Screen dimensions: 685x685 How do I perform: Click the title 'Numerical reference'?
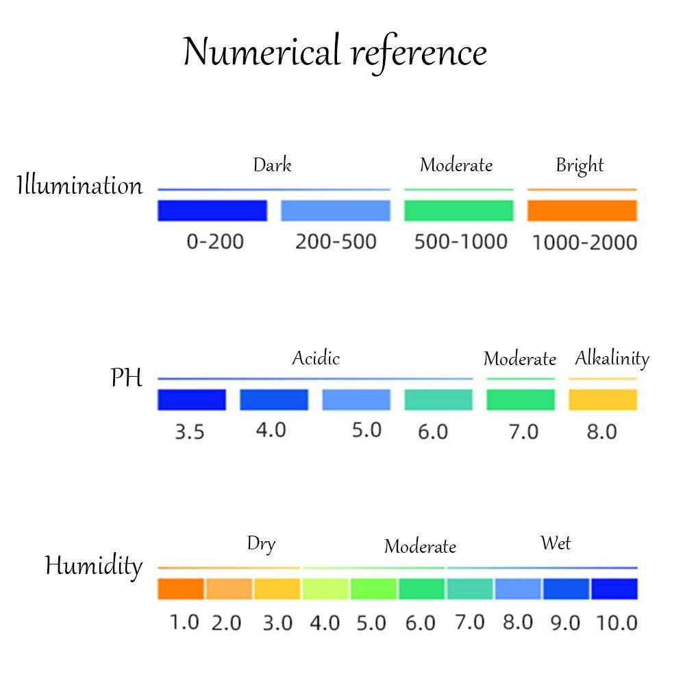click(x=335, y=53)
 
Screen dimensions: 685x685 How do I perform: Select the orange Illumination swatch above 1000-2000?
click(x=582, y=210)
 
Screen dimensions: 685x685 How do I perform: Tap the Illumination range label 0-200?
click(x=215, y=242)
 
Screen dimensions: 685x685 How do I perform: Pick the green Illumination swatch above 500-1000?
click(x=458, y=210)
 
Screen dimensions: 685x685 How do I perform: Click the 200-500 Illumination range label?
click(x=336, y=242)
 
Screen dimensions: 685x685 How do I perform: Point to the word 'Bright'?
click(x=580, y=166)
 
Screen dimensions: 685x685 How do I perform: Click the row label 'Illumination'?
click(x=79, y=186)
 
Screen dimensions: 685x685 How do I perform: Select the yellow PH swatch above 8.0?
click(x=603, y=399)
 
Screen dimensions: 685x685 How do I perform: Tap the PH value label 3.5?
click(x=189, y=432)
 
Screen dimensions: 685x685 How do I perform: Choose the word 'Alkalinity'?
click(x=612, y=358)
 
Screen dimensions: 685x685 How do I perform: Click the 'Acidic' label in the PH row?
click(x=316, y=358)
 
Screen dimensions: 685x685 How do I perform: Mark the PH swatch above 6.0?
click(x=438, y=399)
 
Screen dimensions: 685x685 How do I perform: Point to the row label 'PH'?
click(x=127, y=377)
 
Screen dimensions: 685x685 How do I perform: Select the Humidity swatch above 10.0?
click(x=614, y=588)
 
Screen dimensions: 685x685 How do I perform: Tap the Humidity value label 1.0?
click(x=184, y=622)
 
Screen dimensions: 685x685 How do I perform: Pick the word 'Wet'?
click(x=556, y=544)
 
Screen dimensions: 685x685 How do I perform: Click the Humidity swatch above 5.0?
click(x=373, y=588)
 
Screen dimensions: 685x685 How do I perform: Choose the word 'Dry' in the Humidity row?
click(x=261, y=545)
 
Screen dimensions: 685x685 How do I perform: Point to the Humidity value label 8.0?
click(x=517, y=622)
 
